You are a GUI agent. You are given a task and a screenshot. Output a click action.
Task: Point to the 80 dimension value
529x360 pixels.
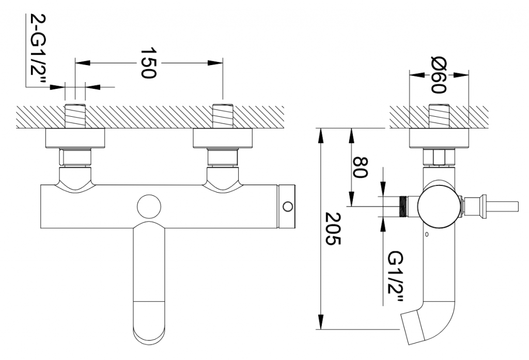point(360,167)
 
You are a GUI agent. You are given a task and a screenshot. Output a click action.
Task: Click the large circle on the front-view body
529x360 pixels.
point(150,207)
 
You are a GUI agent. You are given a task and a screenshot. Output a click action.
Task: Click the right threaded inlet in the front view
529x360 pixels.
point(223,116)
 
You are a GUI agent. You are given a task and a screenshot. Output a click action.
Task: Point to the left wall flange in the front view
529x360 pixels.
point(75,139)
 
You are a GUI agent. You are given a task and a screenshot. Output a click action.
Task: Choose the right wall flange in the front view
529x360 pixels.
point(223,139)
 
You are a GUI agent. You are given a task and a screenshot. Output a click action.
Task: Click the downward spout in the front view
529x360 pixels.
point(149,284)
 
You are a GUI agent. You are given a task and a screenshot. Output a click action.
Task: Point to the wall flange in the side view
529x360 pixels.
point(439,139)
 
